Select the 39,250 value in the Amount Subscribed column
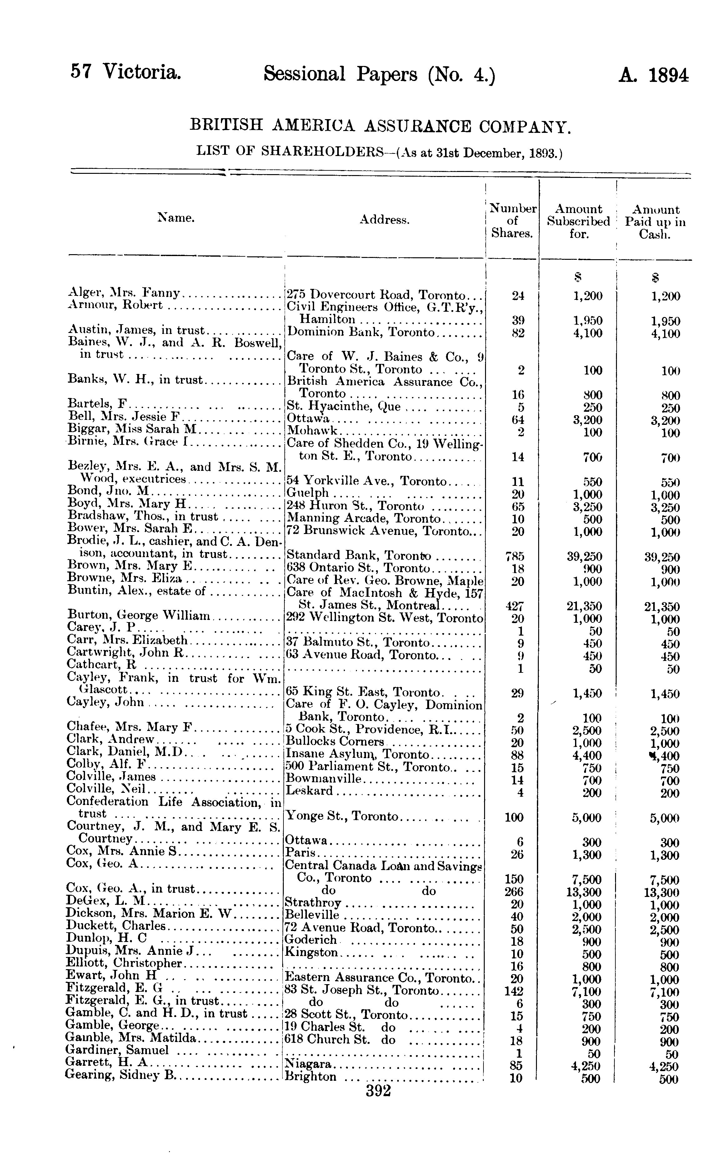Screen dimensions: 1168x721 click(588, 556)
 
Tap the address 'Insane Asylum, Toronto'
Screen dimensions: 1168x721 click(357, 754)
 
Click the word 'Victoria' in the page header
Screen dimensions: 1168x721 click(142, 72)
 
